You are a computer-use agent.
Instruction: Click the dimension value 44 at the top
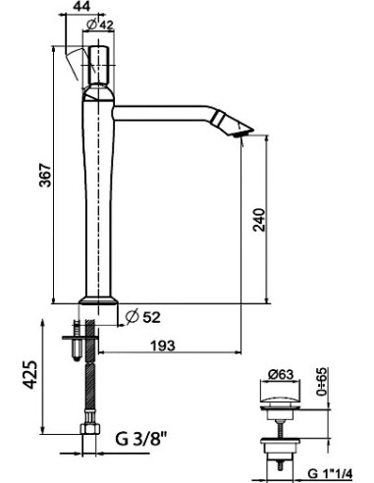pos(81,7)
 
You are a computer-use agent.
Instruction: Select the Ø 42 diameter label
pos(100,25)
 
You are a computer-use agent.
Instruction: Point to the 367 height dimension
pos(45,175)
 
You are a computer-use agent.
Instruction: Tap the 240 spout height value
pos(259,219)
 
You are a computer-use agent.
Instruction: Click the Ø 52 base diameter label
pos(143,317)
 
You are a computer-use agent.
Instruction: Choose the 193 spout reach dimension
pos(163,346)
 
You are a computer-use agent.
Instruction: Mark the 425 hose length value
pos(30,374)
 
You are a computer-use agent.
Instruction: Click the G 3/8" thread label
pos(141,439)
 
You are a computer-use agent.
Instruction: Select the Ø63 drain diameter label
pos(280,375)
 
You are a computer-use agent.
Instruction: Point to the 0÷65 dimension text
pos(322,382)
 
